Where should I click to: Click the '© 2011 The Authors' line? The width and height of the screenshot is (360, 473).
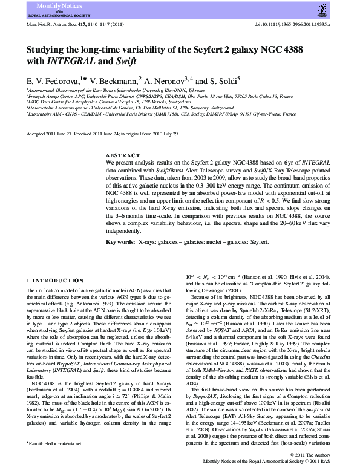[310, 454]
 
